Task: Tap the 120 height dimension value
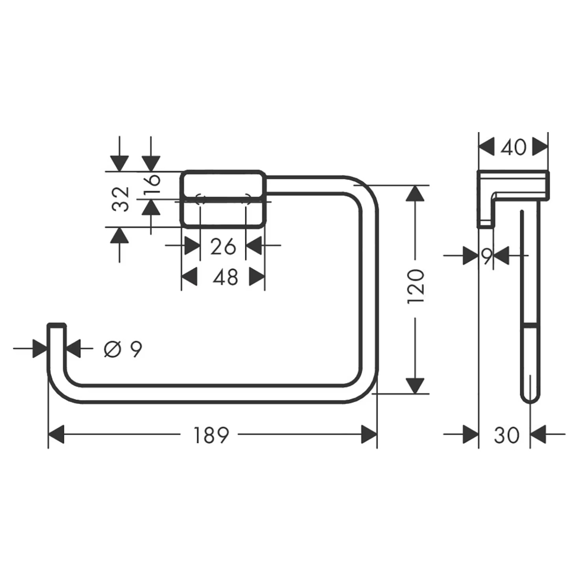(416, 286)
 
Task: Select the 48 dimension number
(225, 277)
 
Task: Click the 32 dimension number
(121, 199)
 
